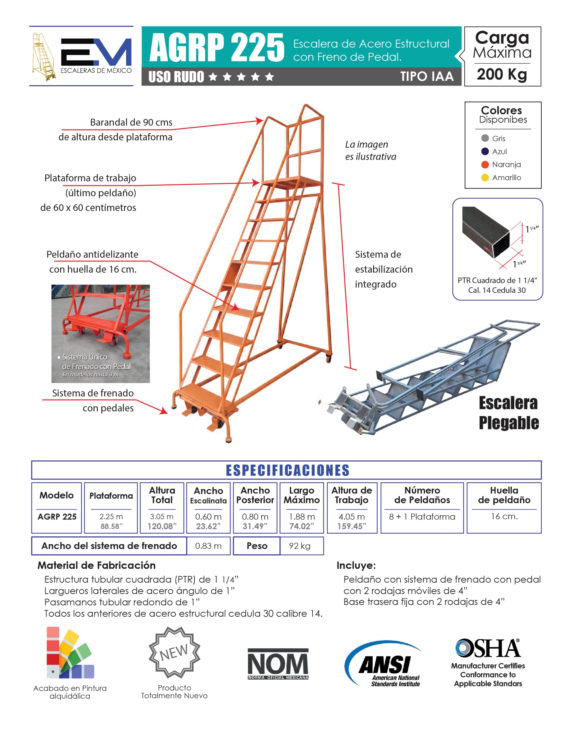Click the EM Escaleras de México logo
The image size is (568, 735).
coord(82,56)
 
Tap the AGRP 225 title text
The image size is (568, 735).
coord(217,47)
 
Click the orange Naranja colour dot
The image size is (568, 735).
coord(485,164)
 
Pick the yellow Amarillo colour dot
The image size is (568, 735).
coord(485,178)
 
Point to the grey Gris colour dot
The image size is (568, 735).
coord(485,138)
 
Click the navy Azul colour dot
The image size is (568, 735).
coord(485,151)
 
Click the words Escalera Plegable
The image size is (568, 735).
coord(508,413)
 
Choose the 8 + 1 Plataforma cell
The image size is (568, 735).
coord(422,517)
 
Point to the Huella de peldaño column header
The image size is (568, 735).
coord(504,495)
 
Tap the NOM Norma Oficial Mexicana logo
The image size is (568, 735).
coord(278,664)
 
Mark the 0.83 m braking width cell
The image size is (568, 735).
coord(208,546)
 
